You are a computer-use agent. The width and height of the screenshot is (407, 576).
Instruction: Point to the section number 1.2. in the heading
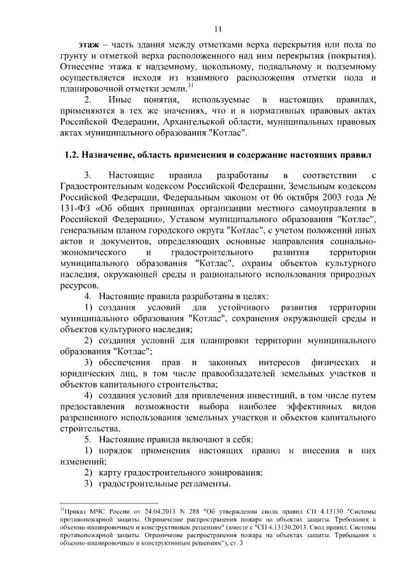[75, 155]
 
